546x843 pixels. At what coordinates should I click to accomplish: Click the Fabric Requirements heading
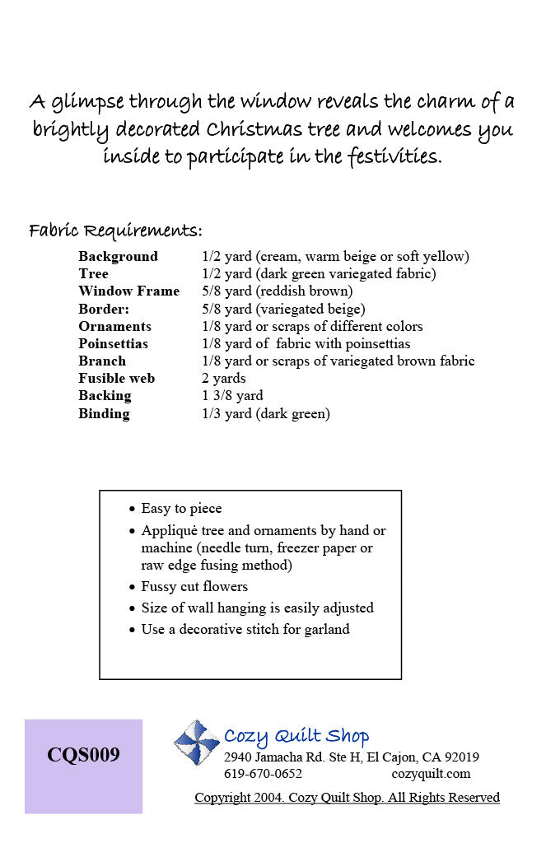point(115,230)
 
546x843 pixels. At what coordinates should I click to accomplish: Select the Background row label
point(118,256)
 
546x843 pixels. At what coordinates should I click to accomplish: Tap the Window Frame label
point(128,291)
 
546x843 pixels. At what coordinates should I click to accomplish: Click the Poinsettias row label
point(113,343)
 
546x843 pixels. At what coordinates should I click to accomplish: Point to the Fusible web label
point(116,379)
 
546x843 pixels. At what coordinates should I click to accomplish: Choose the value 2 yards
point(223,379)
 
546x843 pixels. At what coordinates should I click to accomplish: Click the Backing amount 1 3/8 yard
point(232,396)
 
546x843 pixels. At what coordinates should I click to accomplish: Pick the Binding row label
point(104,413)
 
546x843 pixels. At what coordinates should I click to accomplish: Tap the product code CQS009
point(83,755)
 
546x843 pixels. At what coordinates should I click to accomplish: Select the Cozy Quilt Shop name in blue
point(296,736)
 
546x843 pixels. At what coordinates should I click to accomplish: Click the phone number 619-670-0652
point(263,774)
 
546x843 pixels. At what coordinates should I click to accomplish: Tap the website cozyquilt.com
point(431,774)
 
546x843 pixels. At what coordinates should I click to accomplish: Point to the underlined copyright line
point(347,798)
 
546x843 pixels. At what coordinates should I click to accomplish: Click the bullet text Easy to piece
point(181,509)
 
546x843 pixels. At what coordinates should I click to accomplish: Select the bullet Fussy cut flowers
point(194,587)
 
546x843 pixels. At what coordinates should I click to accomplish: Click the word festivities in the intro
point(389,156)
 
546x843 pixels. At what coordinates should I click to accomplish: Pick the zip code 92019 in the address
point(460,757)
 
